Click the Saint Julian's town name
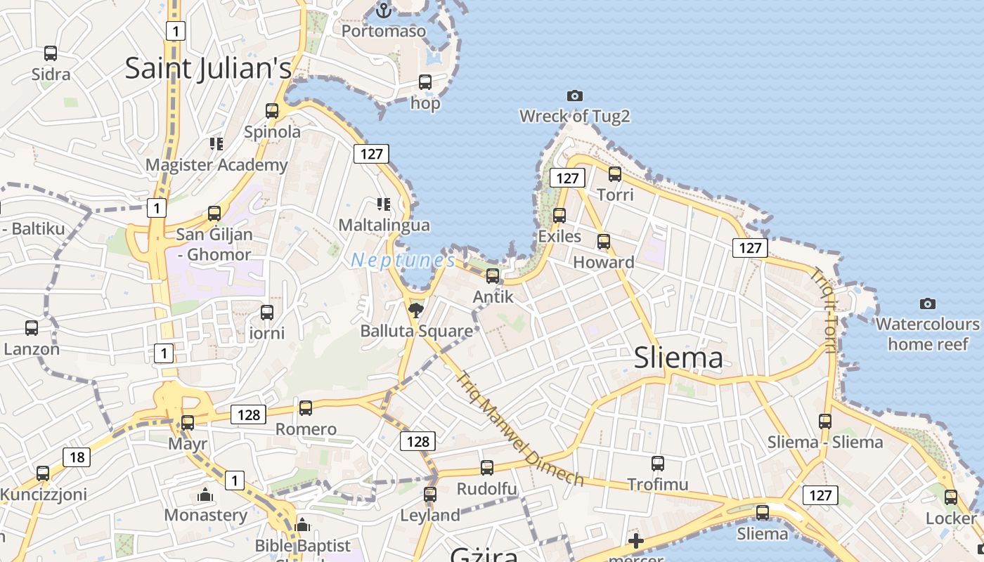pyautogui.click(x=208, y=69)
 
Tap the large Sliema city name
pyautogui.click(x=678, y=358)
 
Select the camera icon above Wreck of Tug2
pyautogui.click(x=575, y=96)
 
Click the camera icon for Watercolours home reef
pyautogui.click(x=928, y=303)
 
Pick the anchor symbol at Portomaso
pyautogui.click(x=384, y=11)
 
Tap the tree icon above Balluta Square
pyautogui.click(x=416, y=310)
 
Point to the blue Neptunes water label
pyautogui.click(x=403, y=260)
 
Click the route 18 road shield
pyautogui.click(x=77, y=457)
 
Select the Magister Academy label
pyautogui.click(x=216, y=165)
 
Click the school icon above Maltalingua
pyautogui.click(x=384, y=204)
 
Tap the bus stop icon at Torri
pyautogui.click(x=615, y=174)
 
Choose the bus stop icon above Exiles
pyautogui.click(x=559, y=215)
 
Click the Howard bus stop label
pyautogui.click(x=604, y=262)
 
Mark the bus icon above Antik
pyautogui.click(x=493, y=275)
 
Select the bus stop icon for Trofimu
pyautogui.click(x=658, y=463)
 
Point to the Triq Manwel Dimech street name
pyautogui.click(x=520, y=429)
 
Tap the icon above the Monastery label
pyautogui.click(x=205, y=495)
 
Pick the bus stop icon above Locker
pyautogui.click(x=951, y=497)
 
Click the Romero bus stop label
pyautogui.click(x=306, y=429)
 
